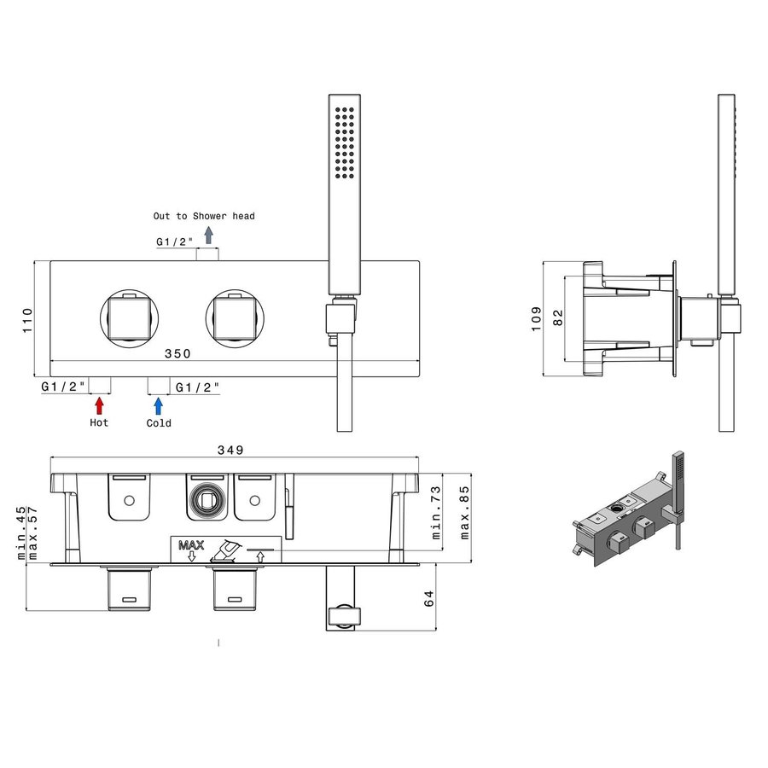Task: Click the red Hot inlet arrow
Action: coord(100,405)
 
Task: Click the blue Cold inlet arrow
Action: coord(158,405)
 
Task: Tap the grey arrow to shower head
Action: coord(208,236)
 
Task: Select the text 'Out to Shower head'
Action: coord(204,216)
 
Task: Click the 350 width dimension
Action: coord(177,352)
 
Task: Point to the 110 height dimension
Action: coord(27,319)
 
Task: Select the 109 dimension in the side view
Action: coord(535,318)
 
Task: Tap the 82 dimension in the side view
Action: coord(557,318)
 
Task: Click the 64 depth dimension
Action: coord(430,598)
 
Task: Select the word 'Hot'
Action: coord(99,422)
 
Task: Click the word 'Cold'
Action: coord(159,422)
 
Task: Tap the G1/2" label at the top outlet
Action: coord(174,241)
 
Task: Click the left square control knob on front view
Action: coord(130,317)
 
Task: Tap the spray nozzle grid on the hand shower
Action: coord(346,143)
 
